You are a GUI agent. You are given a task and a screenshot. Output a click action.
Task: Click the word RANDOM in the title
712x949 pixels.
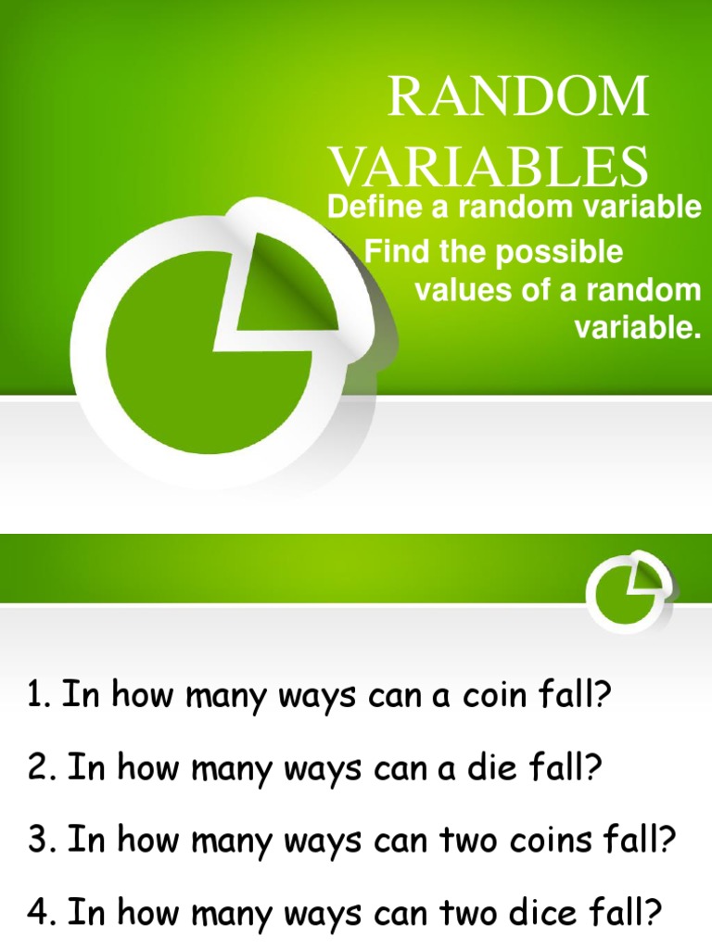[518, 96]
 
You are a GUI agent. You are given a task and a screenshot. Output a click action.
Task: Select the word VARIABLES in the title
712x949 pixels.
[489, 166]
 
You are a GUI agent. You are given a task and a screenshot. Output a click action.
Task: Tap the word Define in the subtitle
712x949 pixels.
[371, 209]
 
